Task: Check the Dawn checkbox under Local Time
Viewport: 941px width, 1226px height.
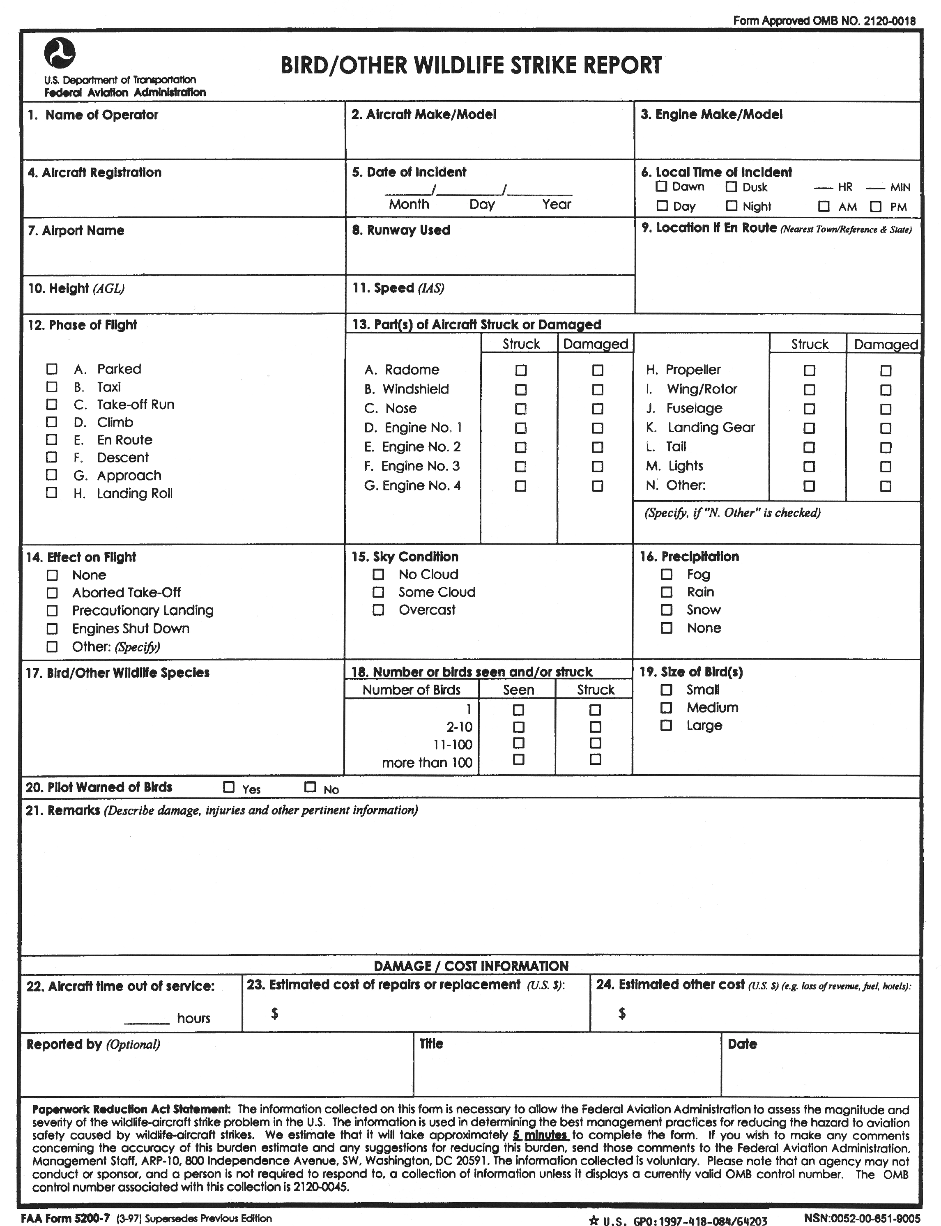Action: point(662,186)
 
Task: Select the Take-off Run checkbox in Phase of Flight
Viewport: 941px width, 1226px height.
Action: point(51,405)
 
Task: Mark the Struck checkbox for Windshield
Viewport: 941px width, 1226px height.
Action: point(521,389)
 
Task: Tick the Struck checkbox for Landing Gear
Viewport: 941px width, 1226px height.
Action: point(810,428)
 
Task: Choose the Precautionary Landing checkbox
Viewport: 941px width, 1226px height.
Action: point(52,610)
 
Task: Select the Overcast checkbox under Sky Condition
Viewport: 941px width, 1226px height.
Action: point(379,610)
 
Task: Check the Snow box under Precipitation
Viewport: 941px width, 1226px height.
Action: point(667,610)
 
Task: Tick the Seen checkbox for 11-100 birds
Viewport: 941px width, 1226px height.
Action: point(519,743)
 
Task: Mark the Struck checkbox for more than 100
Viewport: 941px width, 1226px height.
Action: point(596,759)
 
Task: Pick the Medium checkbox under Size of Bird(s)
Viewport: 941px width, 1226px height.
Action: point(667,707)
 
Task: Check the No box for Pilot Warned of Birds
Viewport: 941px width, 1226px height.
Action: point(310,787)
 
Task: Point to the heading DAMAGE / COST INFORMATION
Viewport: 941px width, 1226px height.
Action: point(471,966)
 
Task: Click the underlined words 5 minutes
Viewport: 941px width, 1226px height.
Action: point(540,1135)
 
